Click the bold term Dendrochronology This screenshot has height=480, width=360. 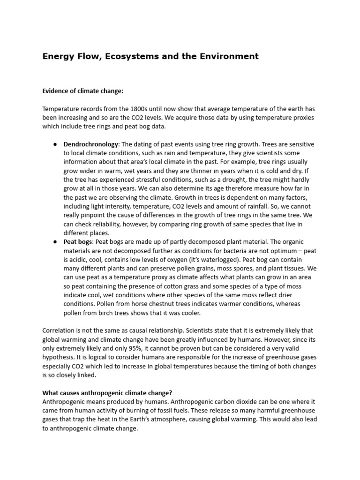pyautogui.click(x=91, y=144)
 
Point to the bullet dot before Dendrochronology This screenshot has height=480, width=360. pyautogui.click(x=55, y=144)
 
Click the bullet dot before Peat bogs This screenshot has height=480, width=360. pyautogui.click(x=55, y=242)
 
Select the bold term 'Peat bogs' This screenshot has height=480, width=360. pyautogui.click(x=78, y=242)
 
